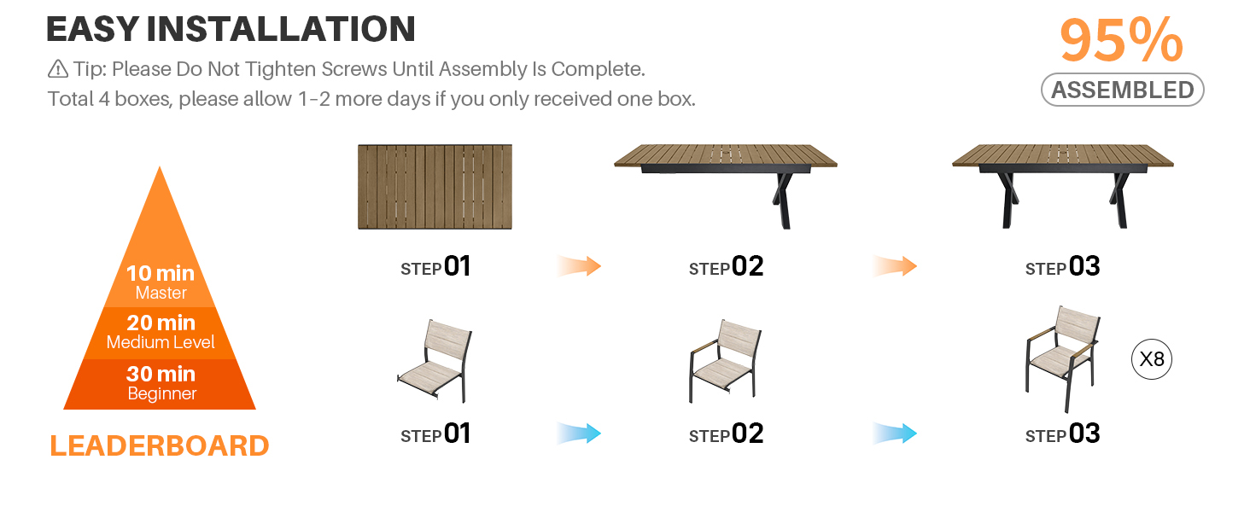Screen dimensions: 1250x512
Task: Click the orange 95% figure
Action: point(1121,39)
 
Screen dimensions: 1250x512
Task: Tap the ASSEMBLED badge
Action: point(1122,90)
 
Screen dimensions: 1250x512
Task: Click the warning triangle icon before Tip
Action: point(58,69)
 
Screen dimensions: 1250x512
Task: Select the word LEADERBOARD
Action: point(160,445)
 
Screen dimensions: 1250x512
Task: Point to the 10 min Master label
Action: point(161,282)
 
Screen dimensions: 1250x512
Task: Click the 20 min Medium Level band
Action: point(161,333)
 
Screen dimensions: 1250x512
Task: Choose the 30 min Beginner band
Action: point(161,384)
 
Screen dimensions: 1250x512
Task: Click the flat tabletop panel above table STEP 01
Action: point(435,186)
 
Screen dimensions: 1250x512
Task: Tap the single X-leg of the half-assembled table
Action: point(782,201)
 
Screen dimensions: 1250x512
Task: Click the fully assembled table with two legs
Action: point(1062,186)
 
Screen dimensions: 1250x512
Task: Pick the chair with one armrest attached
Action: point(725,361)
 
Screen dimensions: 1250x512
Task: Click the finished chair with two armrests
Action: point(1062,359)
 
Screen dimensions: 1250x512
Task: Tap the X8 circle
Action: point(1151,359)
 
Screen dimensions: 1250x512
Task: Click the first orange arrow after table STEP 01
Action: point(579,266)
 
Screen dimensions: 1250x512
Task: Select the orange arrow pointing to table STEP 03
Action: point(895,266)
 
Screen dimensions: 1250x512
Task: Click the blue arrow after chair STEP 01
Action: point(579,433)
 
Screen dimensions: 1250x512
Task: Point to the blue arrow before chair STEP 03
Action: point(895,433)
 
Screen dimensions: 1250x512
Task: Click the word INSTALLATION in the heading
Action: point(281,29)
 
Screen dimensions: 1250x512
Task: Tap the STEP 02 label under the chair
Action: point(726,433)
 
